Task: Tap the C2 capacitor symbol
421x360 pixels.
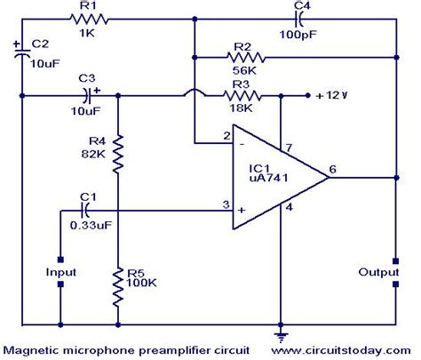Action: point(20,54)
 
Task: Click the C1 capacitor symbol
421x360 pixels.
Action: point(86,210)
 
